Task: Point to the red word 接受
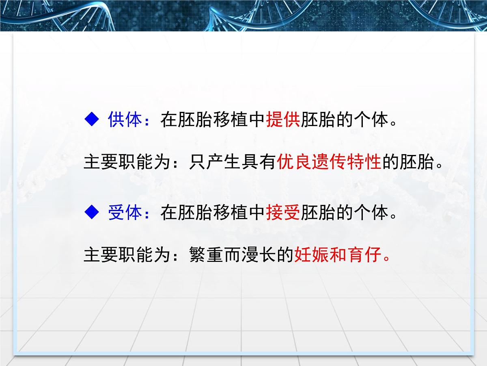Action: click(283, 213)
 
